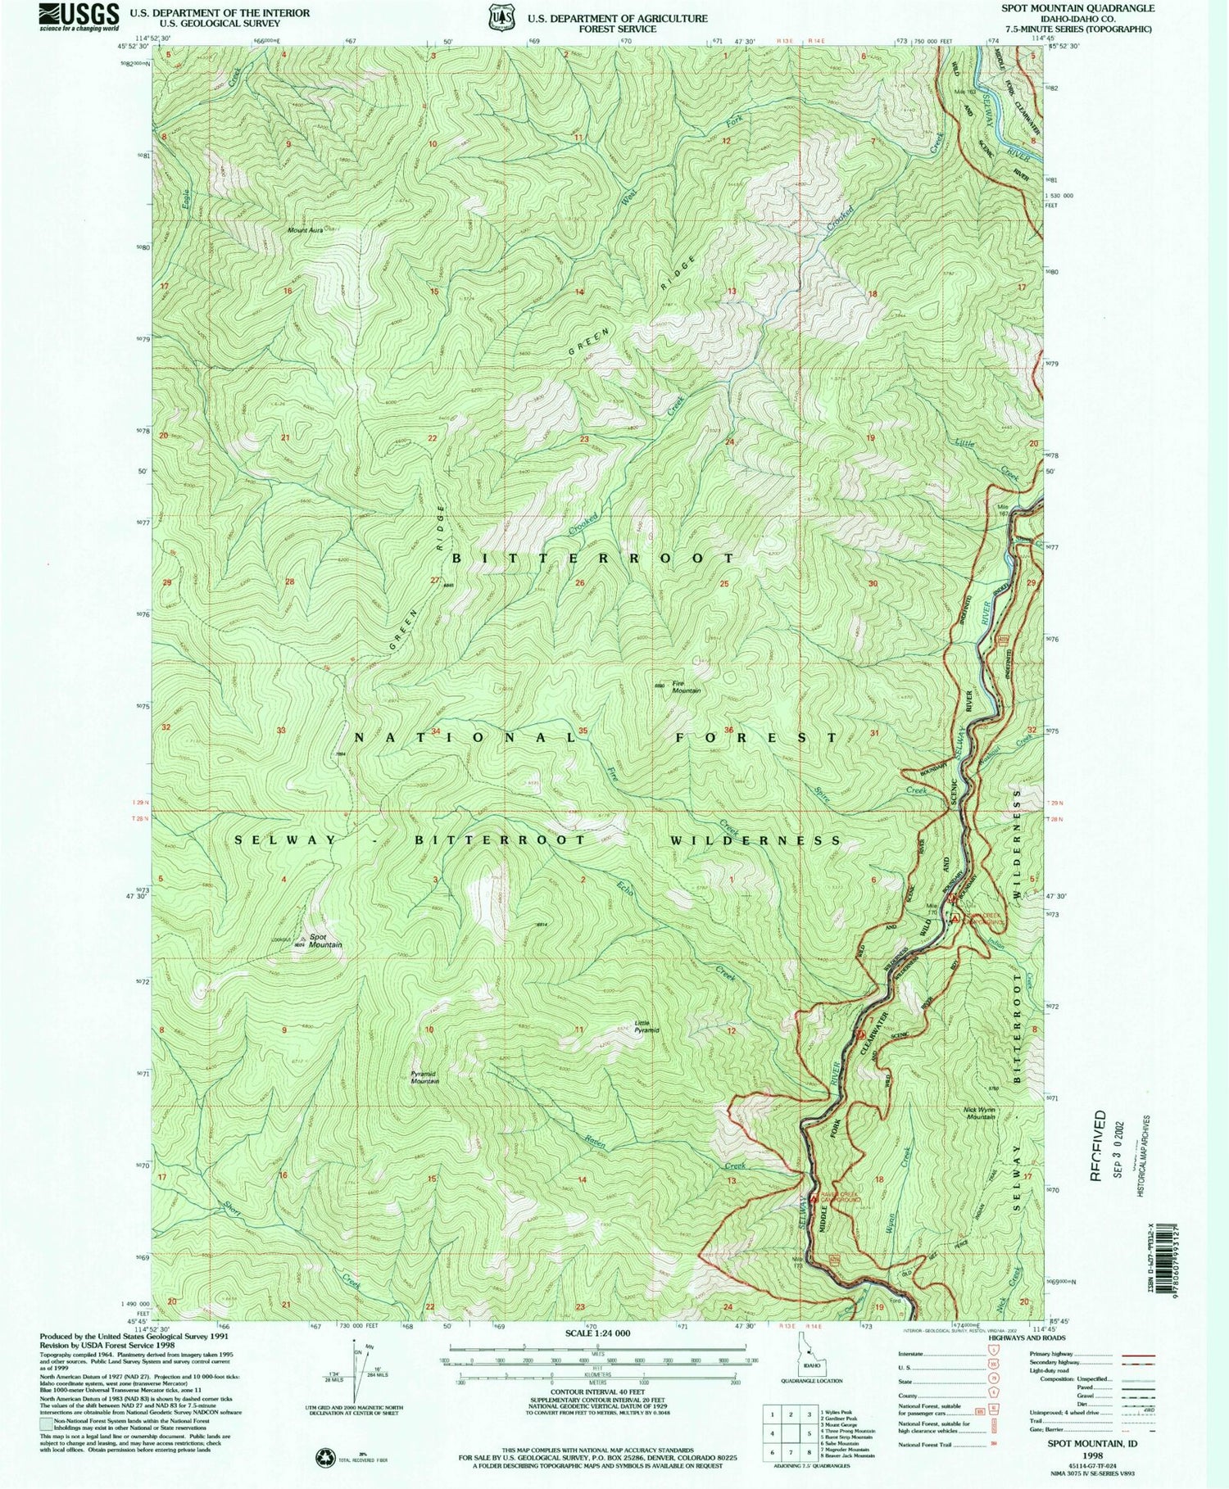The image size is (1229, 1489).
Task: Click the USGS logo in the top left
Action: point(73,16)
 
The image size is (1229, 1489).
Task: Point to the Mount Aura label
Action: point(305,230)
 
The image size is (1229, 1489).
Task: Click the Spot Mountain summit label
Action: point(324,940)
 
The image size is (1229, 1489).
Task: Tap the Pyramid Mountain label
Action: point(424,1077)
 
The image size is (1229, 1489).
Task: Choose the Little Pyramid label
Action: point(647,1025)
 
